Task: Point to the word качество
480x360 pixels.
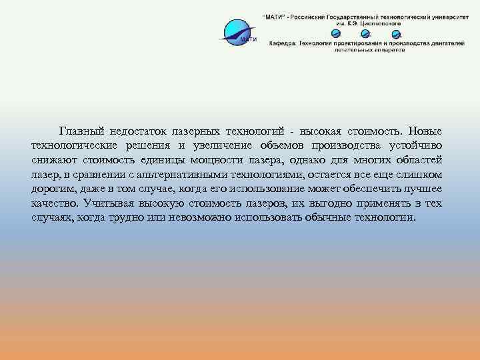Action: tap(53, 205)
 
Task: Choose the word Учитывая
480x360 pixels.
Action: tap(109, 205)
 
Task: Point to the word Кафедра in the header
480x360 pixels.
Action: tap(283, 43)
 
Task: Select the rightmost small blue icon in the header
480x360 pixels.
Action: tap(397, 34)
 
